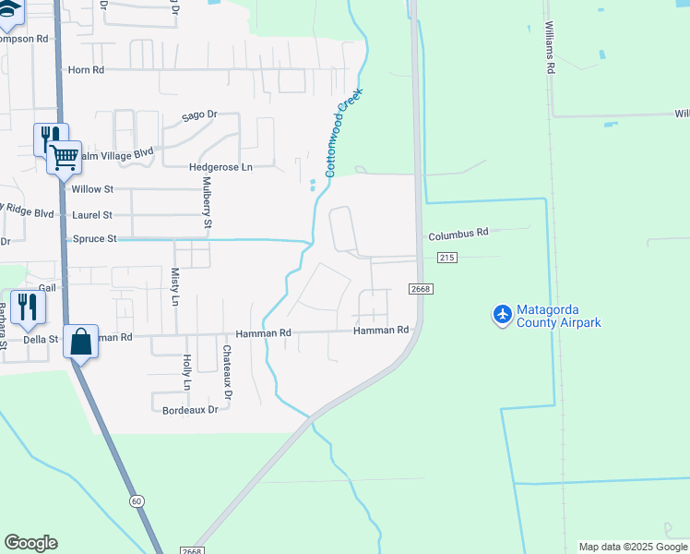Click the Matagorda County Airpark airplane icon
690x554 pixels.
[x=502, y=315]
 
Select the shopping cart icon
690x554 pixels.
[x=64, y=158]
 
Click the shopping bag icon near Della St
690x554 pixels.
[x=81, y=342]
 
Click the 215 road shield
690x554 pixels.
[x=447, y=258]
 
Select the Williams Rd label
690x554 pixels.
[x=550, y=48]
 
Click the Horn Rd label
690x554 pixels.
[x=86, y=69]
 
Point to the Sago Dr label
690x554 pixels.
[x=198, y=115]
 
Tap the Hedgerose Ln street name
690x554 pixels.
[x=220, y=167]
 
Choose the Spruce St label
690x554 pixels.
[x=94, y=239]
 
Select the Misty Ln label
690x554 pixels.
[x=174, y=287]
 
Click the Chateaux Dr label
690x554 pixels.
[x=227, y=367]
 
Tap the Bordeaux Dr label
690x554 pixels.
[x=190, y=409]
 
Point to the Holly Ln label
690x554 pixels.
[x=186, y=371]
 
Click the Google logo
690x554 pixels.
[x=30, y=543]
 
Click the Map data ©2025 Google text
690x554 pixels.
[x=633, y=547]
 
